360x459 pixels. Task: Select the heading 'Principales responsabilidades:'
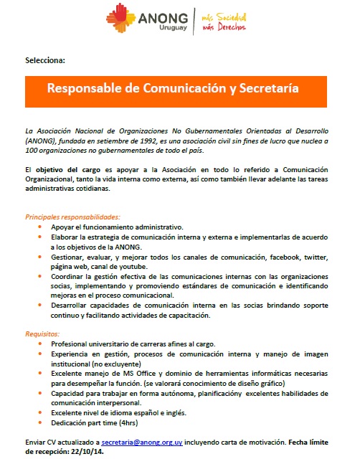click(72, 216)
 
